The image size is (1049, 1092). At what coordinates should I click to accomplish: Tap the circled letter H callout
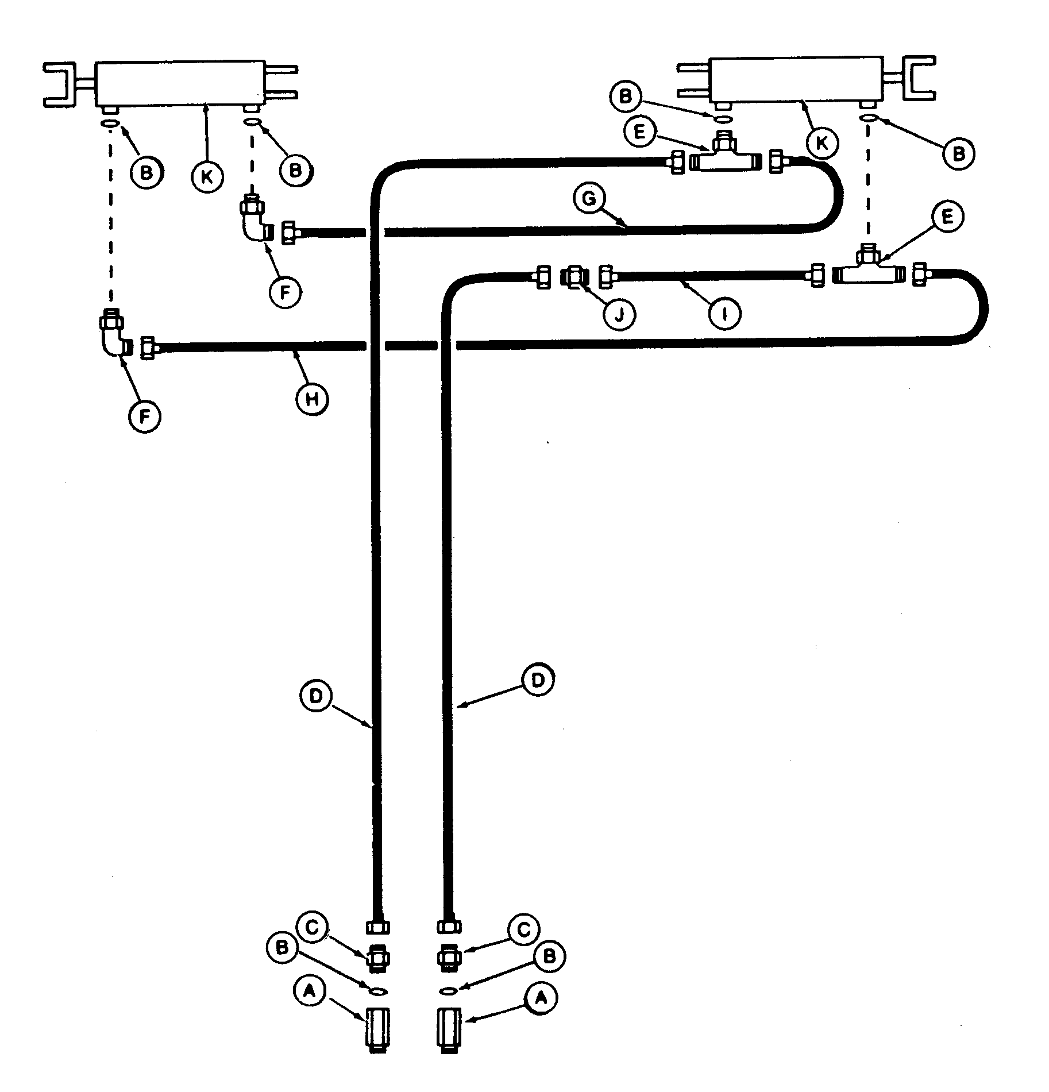click(312, 398)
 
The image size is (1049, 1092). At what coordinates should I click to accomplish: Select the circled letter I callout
click(724, 314)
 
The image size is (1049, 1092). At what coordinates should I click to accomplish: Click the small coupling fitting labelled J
click(573, 277)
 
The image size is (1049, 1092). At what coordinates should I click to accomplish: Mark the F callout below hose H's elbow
click(145, 418)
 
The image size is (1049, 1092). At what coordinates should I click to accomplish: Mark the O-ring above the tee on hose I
click(869, 118)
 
